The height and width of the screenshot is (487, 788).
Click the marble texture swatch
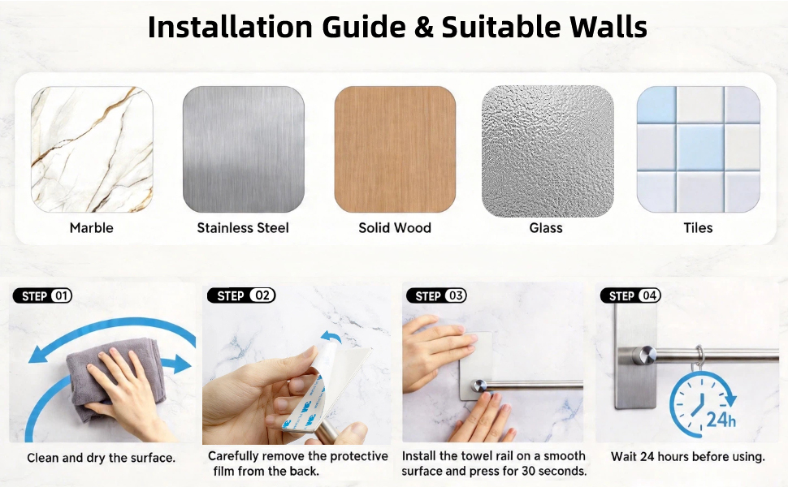tap(92, 149)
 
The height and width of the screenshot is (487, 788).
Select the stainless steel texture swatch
tap(243, 149)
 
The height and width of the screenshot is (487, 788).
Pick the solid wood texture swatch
tap(395, 149)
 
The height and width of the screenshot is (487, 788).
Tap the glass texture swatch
tap(548, 151)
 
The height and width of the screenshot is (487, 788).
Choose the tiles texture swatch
tap(698, 149)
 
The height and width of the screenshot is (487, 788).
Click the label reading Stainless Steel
tap(243, 228)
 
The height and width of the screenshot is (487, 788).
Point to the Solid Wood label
tap(395, 228)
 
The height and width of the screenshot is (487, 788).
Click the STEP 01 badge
tap(43, 295)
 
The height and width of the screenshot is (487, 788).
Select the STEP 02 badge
tap(242, 295)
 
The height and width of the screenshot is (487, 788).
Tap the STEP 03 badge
tap(437, 295)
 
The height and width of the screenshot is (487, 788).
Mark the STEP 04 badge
tap(630, 295)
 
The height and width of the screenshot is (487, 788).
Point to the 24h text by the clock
tap(721, 419)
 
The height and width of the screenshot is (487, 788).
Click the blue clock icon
tap(702, 404)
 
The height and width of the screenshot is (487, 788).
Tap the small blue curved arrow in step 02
tap(331, 336)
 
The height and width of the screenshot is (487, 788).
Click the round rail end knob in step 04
tap(643, 356)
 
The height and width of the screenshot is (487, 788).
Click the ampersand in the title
tap(423, 28)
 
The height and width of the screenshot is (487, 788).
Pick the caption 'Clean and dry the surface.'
tap(101, 458)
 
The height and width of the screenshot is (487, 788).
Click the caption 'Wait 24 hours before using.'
tap(687, 457)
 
